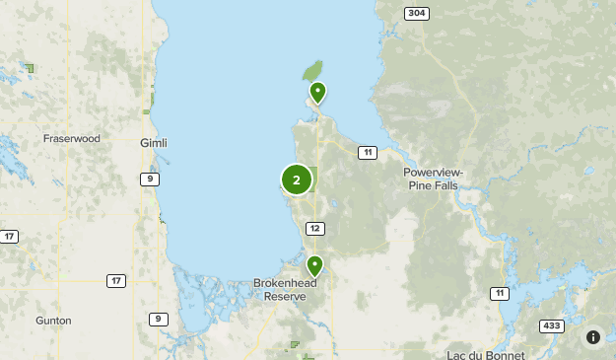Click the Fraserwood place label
point(72,139)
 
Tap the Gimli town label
point(154,143)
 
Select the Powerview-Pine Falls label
point(433,179)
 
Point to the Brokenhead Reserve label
point(288,287)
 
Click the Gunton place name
point(52,321)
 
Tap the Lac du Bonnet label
point(485,354)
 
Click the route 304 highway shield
point(416,13)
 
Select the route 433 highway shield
point(551,325)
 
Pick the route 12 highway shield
point(315,229)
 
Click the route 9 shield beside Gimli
point(148,179)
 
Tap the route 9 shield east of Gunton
point(158,319)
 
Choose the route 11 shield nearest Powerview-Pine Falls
point(367,152)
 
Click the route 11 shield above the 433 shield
point(501,294)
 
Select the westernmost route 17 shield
point(9,237)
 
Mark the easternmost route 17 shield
point(116,281)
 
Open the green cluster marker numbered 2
point(297,180)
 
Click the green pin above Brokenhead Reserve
point(314,265)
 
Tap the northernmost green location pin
point(317,93)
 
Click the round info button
point(593,337)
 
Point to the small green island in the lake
point(311,72)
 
